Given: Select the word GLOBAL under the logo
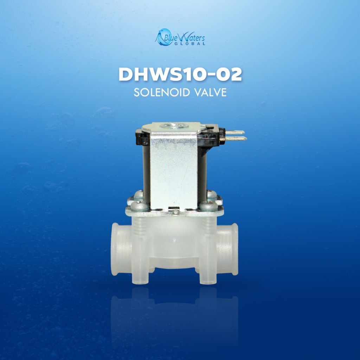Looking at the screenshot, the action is click(189, 44).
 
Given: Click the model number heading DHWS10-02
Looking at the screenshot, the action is click(180, 75).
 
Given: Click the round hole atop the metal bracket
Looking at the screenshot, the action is click(174, 126).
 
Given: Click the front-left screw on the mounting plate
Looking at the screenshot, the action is click(139, 206).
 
